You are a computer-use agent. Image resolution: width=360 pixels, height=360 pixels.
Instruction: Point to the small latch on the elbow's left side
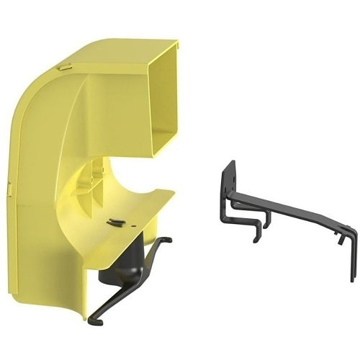click(9, 189)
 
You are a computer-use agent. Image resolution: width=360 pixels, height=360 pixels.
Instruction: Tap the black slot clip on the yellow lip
click(115, 222)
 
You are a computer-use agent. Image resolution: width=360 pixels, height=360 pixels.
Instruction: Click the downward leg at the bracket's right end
click(352, 259)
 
